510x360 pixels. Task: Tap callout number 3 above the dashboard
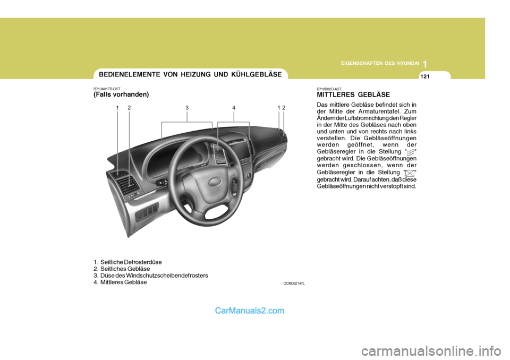pos(187,108)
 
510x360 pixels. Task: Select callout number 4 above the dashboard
pos(234,108)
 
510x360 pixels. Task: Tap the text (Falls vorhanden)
pos(121,94)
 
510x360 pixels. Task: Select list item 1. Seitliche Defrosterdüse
pos(127,262)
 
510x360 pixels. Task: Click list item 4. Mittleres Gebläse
pos(120,282)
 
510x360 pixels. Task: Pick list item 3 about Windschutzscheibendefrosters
pos(150,275)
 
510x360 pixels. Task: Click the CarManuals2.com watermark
pos(250,311)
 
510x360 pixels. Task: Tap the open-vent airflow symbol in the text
pos(409,152)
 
